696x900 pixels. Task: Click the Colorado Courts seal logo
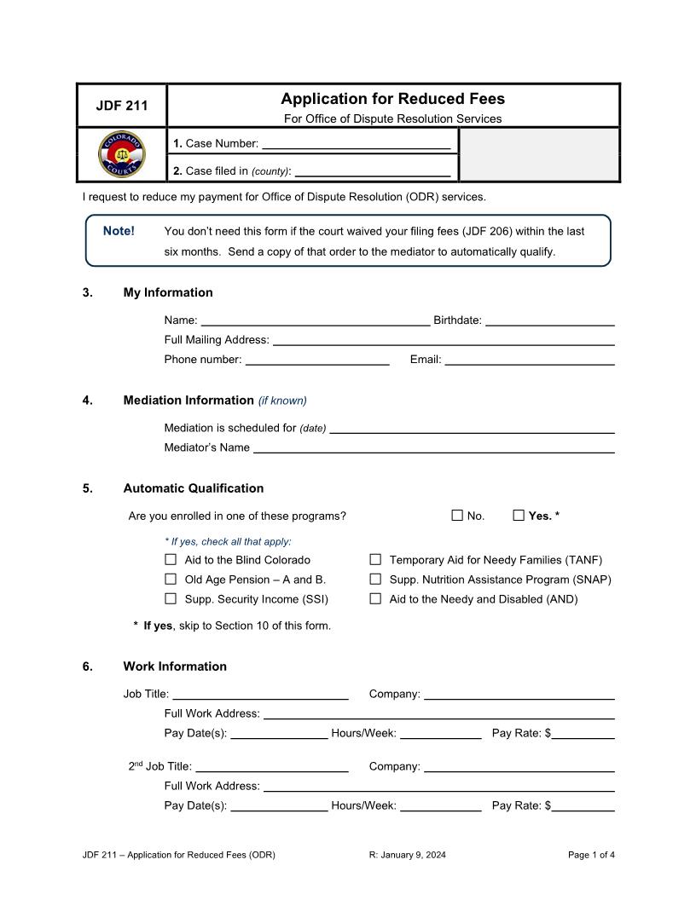pos(122,155)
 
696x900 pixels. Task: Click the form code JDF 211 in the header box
pos(121,106)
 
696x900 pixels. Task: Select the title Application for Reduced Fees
pos(392,99)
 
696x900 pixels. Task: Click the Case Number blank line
pos(356,143)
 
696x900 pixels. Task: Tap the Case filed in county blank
pos(372,170)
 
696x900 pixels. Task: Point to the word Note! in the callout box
pos(119,231)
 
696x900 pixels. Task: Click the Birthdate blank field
pos(549,320)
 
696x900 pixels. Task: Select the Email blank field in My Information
pos(530,360)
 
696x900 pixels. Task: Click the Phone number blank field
pos(317,360)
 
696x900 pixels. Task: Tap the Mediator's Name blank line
pos(433,447)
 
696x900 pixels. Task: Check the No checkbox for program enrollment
pos(457,515)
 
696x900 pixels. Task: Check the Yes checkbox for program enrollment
pos(519,515)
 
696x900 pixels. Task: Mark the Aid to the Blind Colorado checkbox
pos(171,560)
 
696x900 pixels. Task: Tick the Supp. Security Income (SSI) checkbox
pos(171,599)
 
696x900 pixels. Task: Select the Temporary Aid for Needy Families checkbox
pos(375,560)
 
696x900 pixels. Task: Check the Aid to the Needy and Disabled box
pos(375,599)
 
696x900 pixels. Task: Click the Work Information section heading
pos(175,666)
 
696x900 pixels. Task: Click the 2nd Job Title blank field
pos(271,766)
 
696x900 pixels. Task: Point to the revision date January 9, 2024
pos(407,855)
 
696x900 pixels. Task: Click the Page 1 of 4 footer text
pos(591,855)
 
